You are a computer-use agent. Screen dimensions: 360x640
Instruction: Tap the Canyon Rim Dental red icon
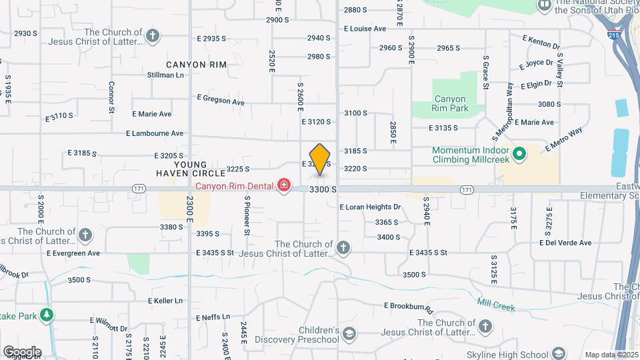click(285, 185)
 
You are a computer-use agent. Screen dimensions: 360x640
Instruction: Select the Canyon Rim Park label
click(449, 103)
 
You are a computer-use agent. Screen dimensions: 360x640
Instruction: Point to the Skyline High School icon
click(559, 353)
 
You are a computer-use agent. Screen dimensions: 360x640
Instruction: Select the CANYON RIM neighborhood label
click(196, 65)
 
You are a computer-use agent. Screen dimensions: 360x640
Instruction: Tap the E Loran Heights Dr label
click(370, 207)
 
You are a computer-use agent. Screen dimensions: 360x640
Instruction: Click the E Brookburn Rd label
click(409, 307)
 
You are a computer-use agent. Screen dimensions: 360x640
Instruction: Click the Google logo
click(22, 352)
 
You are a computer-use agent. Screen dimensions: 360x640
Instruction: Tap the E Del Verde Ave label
click(565, 243)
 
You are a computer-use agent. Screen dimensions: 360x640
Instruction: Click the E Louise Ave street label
click(365, 29)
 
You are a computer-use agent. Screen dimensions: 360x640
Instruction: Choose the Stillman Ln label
click(165, 75)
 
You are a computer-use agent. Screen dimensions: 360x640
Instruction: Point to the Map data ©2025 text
click(610, 355)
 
